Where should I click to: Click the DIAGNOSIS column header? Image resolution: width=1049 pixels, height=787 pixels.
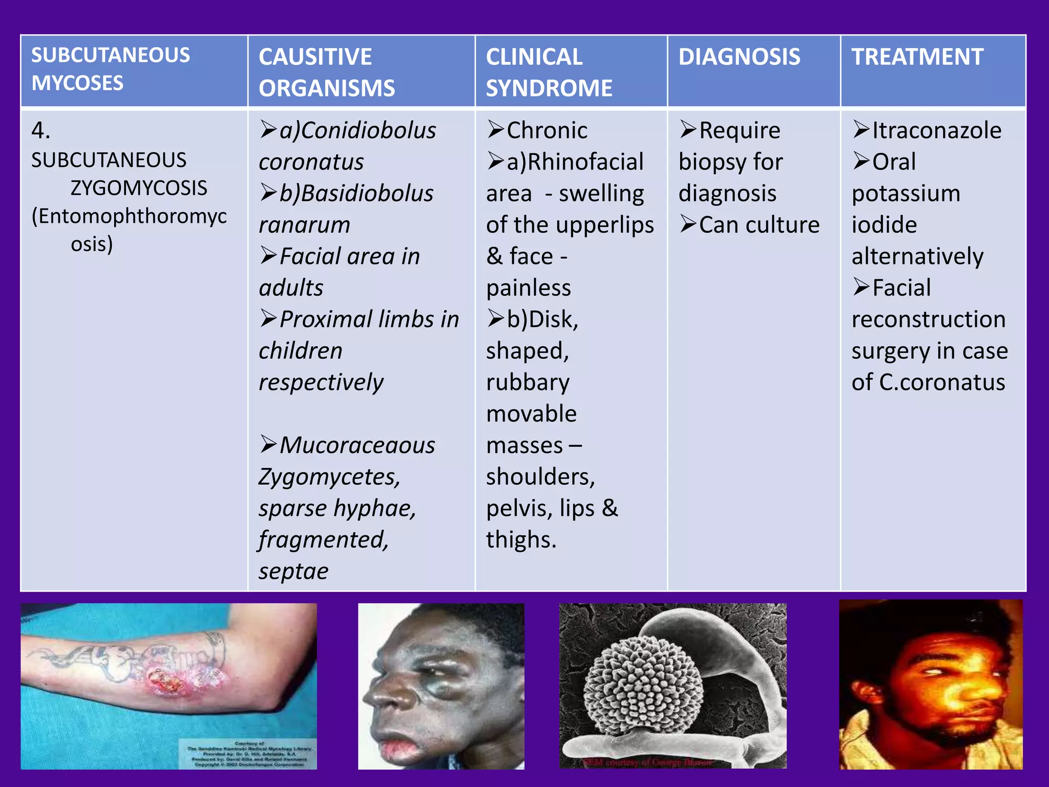coord(739,56)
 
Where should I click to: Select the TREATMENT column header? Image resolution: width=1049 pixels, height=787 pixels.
coord(917,56)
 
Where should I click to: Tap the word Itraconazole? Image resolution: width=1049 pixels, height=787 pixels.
coord(936,130)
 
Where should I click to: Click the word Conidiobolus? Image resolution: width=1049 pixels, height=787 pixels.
coord(368,130)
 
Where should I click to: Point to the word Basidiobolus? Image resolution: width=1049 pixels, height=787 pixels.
coord(367,193)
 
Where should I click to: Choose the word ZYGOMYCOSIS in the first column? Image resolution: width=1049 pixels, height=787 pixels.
coord(138,188)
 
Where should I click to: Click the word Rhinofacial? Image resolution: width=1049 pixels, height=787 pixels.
coord(585,162)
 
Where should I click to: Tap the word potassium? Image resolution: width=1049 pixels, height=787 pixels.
coord(906,194)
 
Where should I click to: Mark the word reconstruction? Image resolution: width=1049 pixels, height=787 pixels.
coord(928,319)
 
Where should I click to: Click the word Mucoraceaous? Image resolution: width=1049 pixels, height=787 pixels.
coord(357,445)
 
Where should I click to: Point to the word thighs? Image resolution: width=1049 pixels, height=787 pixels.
coord(520,540)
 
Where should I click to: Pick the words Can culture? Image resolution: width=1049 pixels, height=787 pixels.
coord(759,225)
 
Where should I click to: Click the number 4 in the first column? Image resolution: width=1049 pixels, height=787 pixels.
coord(39,130)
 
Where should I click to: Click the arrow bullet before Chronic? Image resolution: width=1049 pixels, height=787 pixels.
coord(495,130)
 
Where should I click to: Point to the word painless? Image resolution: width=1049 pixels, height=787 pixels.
coord(528,288)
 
